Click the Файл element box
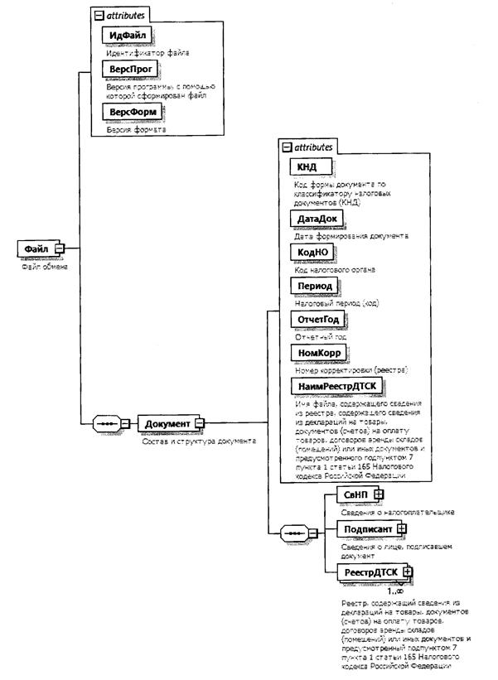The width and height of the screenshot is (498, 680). click(x=36, y=248)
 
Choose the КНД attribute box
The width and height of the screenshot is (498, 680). click(x=308, y=167)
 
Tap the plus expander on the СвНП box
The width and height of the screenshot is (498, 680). click(x=380, y=494)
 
